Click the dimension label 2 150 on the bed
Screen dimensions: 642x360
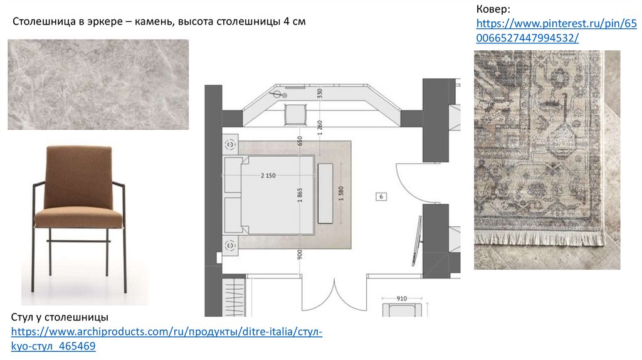[268, 176]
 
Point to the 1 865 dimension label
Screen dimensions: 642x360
[300, 195]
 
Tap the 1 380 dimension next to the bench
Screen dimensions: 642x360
[341, 194]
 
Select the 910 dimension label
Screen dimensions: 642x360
[402, 299]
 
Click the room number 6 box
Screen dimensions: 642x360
[381, 196]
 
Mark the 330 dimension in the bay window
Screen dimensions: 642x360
[320, 93]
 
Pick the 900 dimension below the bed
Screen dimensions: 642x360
[300, 255]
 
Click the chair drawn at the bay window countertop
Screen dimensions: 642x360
[295, 114]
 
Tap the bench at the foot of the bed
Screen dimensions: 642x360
[325, 193]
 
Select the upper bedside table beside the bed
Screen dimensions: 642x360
[231, 144]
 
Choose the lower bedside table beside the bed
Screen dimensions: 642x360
[231, 246]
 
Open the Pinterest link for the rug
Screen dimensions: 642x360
[557, 31]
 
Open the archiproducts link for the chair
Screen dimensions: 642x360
[167, 339]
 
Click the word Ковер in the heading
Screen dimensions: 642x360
[493, 9]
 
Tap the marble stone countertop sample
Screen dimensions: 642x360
[98, 85]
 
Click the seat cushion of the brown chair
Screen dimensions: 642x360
[78, 217]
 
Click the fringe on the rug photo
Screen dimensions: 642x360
[540, 238]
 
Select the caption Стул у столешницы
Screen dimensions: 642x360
[60, 317]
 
